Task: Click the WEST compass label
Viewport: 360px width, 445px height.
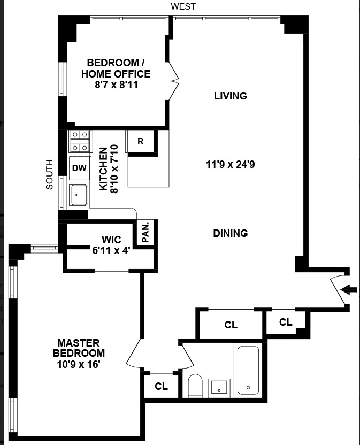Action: tap(183, 6)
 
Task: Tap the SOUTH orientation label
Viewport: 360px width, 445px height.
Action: tap(49, 174)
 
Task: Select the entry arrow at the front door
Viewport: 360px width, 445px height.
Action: tap(349, 290)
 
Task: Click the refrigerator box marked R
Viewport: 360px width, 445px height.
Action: tap(141, 142)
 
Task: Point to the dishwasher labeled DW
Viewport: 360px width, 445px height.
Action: tap(79, 168)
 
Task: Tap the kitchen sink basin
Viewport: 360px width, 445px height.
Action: tap(79, 195)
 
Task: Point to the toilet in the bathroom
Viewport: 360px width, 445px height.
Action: tap(195, 386)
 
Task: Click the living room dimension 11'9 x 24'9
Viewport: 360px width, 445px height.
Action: tap(230, 165)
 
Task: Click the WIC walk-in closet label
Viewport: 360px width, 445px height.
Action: tap(112, 239)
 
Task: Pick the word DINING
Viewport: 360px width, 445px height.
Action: tap(230, 233)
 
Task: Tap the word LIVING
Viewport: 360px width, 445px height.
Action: tap(230, 96)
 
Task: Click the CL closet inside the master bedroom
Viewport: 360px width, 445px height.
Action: tap(161, 386)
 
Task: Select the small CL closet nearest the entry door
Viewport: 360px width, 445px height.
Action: tap(286, 322)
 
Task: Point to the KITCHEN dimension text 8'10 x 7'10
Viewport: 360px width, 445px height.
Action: tap(114, 171)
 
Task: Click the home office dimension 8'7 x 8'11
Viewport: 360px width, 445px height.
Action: tap(116, 84)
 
